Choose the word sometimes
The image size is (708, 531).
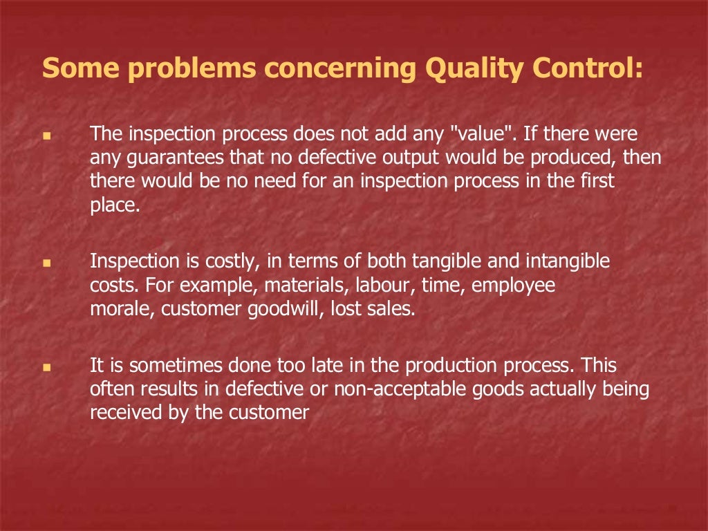coord(166,365)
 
